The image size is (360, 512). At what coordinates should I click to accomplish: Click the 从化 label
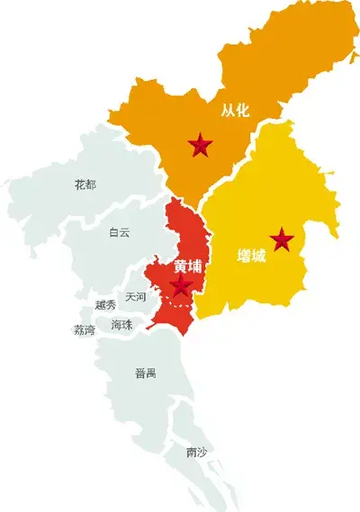[235, 111]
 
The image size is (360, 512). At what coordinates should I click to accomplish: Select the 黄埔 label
[188, 267]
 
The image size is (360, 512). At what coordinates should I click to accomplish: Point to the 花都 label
[85, 184]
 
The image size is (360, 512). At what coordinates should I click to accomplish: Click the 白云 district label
[120, 232]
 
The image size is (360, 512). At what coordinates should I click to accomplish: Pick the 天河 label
[136, 296]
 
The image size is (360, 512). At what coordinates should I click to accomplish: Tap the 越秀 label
[105, 306]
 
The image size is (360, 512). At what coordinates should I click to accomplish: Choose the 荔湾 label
[84, 330]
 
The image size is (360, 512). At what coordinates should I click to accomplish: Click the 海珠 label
[121, 324]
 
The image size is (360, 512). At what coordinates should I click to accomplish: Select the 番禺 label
[145, 373]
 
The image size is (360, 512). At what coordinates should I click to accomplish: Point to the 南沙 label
[195, 452]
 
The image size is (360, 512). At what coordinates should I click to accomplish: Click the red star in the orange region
[201, 144]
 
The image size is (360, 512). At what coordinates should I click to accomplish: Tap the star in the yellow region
[283, 239]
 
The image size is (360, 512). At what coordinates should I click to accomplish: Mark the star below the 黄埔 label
[182, 287]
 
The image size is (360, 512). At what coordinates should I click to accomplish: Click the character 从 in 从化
[228, 111]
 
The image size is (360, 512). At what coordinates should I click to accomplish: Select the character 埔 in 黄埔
[195, 267]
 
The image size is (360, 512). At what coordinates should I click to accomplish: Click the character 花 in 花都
[79, 184]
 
